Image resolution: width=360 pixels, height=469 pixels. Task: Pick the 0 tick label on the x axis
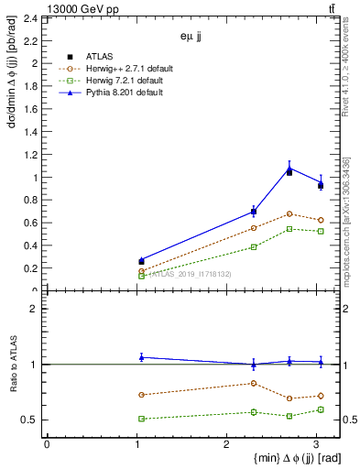(x=47, y=444)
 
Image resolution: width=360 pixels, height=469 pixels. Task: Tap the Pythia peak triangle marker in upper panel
(x=289, y=168)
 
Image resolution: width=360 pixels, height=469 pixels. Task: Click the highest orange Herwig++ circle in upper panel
(x=289, y=213)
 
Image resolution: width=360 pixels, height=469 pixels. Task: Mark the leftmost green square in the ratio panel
(x=141, y=419)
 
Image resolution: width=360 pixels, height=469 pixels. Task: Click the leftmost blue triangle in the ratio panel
(x=141, y=357)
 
